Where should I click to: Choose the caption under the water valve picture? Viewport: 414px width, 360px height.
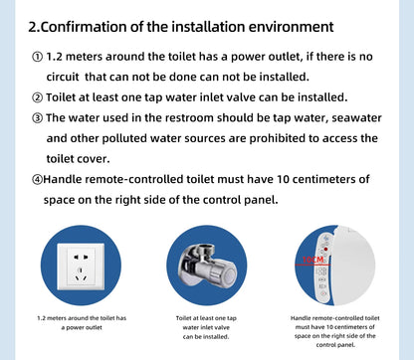tap(207, 326)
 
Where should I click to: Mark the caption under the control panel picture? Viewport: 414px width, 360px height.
tap(331, 331)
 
